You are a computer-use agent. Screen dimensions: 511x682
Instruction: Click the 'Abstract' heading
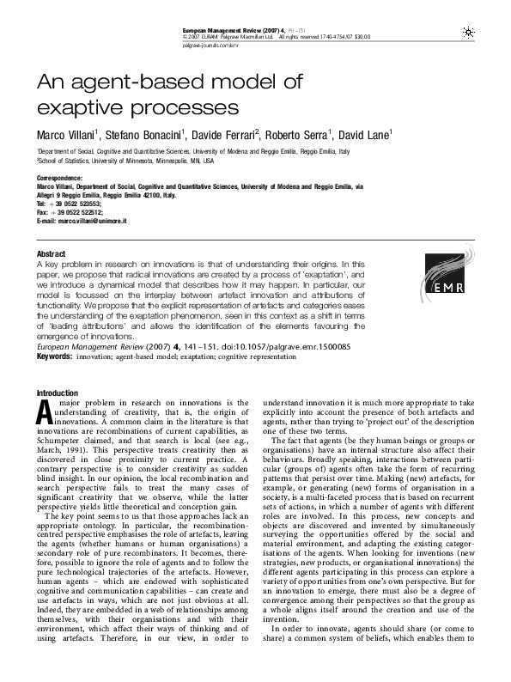(50, 254)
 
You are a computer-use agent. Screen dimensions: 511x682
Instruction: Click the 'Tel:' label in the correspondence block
(42, 203)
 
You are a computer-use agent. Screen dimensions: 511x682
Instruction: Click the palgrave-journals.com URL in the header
(206, 45)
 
